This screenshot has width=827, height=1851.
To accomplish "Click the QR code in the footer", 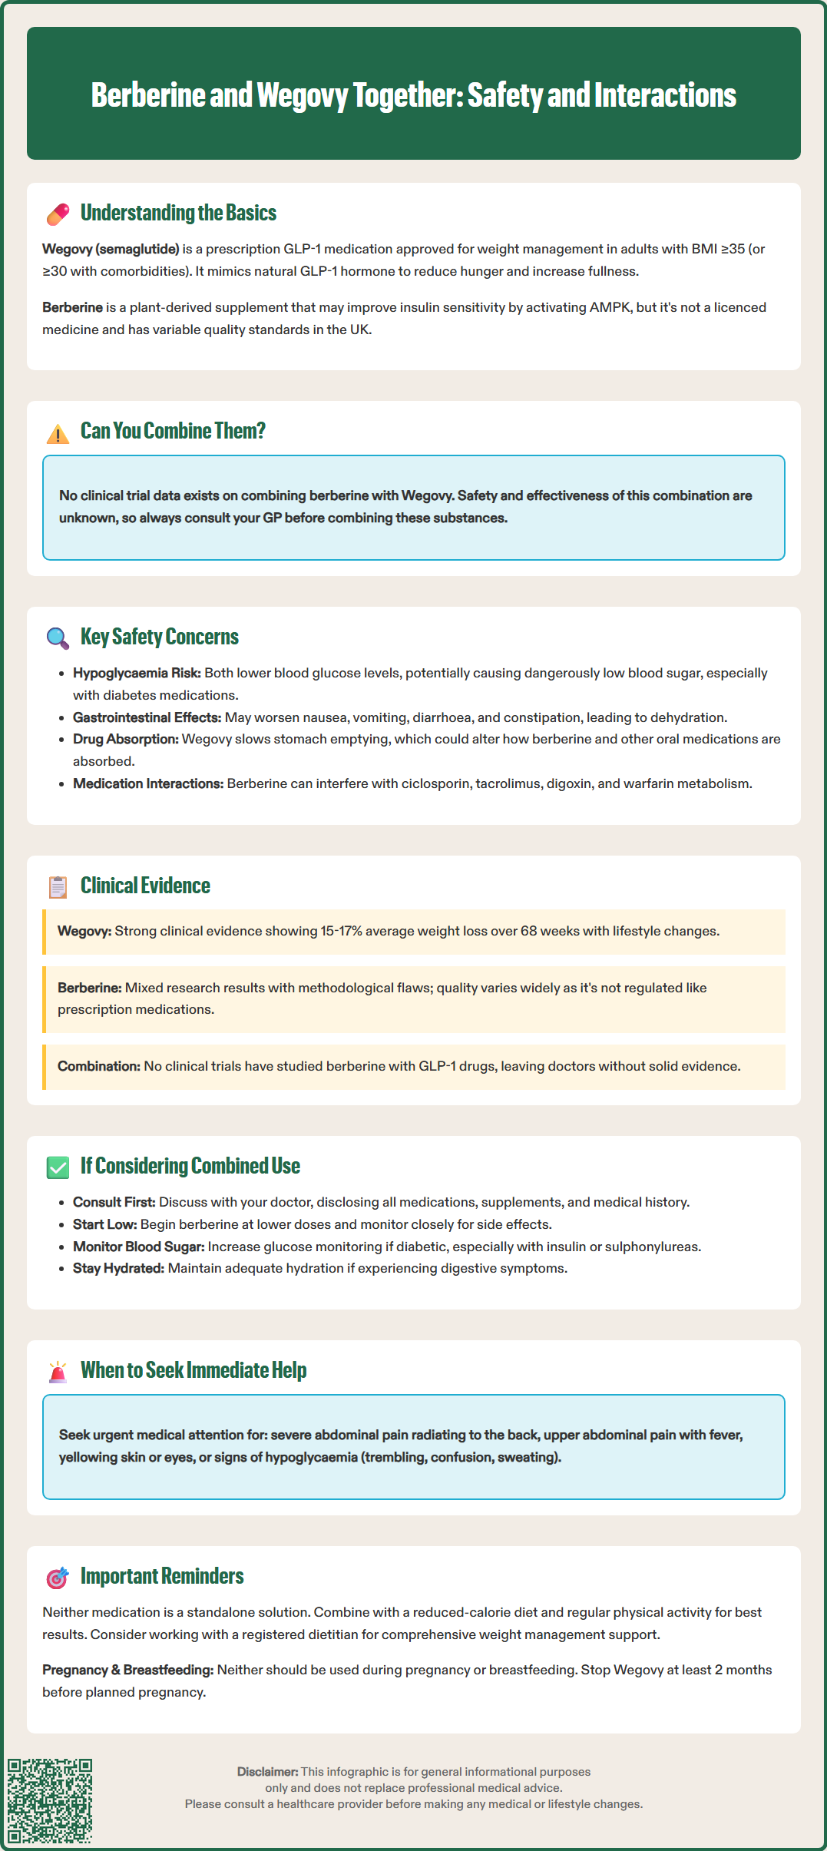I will click(50, 1800).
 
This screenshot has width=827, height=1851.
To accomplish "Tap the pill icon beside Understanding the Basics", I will click(58, 214).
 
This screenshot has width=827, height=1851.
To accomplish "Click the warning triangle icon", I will click(58, 433).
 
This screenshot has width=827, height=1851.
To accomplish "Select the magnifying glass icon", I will click(58, 637).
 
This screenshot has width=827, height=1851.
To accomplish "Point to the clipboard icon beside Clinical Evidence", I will click(58, 887).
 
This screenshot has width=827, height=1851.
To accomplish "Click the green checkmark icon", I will click(58, 1167).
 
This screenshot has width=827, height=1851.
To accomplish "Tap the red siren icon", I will click(58, 1372).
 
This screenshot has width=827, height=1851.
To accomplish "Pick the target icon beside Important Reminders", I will click(58, 1578).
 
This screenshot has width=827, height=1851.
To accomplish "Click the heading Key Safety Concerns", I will click(160, 637).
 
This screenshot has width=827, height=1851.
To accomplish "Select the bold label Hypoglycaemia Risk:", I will click(137, 673).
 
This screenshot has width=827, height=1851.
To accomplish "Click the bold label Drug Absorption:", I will click(126, 739).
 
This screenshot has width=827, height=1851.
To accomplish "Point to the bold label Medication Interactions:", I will click(148, 783).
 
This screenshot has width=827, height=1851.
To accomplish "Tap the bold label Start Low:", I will click(104, 1224).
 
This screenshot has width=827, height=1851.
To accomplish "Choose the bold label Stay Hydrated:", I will click(118, 1268).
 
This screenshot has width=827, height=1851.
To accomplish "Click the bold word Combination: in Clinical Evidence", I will click(99, 1066).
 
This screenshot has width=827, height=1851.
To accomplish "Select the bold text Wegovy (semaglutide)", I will click(111, 249).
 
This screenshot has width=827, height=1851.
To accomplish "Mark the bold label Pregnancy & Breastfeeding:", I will click(127, 1670).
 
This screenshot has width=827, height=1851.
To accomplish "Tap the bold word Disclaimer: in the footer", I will click(267, 1771).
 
